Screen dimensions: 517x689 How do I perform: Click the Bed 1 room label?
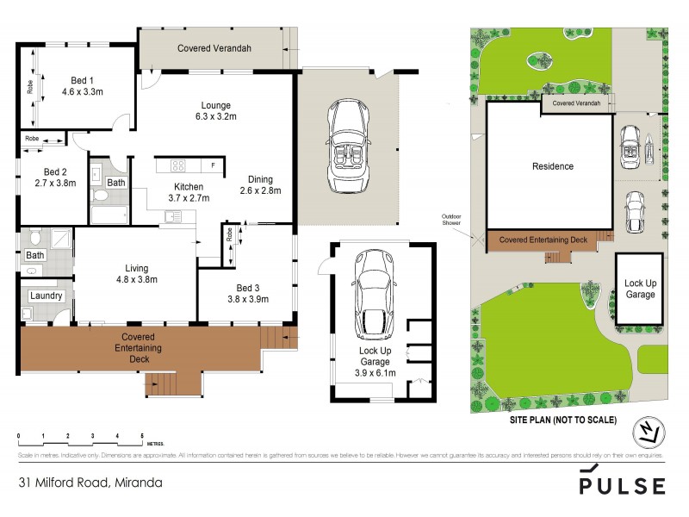[x=82, y=84]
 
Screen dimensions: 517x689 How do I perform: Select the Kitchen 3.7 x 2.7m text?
[x=189, y=192]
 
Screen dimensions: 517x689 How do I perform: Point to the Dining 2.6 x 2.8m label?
[x=260, y=185]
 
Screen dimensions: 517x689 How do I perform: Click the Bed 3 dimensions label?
[x=248, y=294]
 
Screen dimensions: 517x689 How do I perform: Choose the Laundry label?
[x=46, y=296]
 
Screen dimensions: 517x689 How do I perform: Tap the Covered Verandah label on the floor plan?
[x=214, y=49]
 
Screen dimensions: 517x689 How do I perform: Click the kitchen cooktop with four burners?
[x=179, y=165]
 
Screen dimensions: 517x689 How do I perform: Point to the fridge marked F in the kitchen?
[x=212, y=165]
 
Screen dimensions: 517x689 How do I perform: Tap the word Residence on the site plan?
[x=552, y=166]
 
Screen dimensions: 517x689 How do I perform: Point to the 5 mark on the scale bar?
[x=142, y=437]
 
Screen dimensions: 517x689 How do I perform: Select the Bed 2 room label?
[x=54, y=177]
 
